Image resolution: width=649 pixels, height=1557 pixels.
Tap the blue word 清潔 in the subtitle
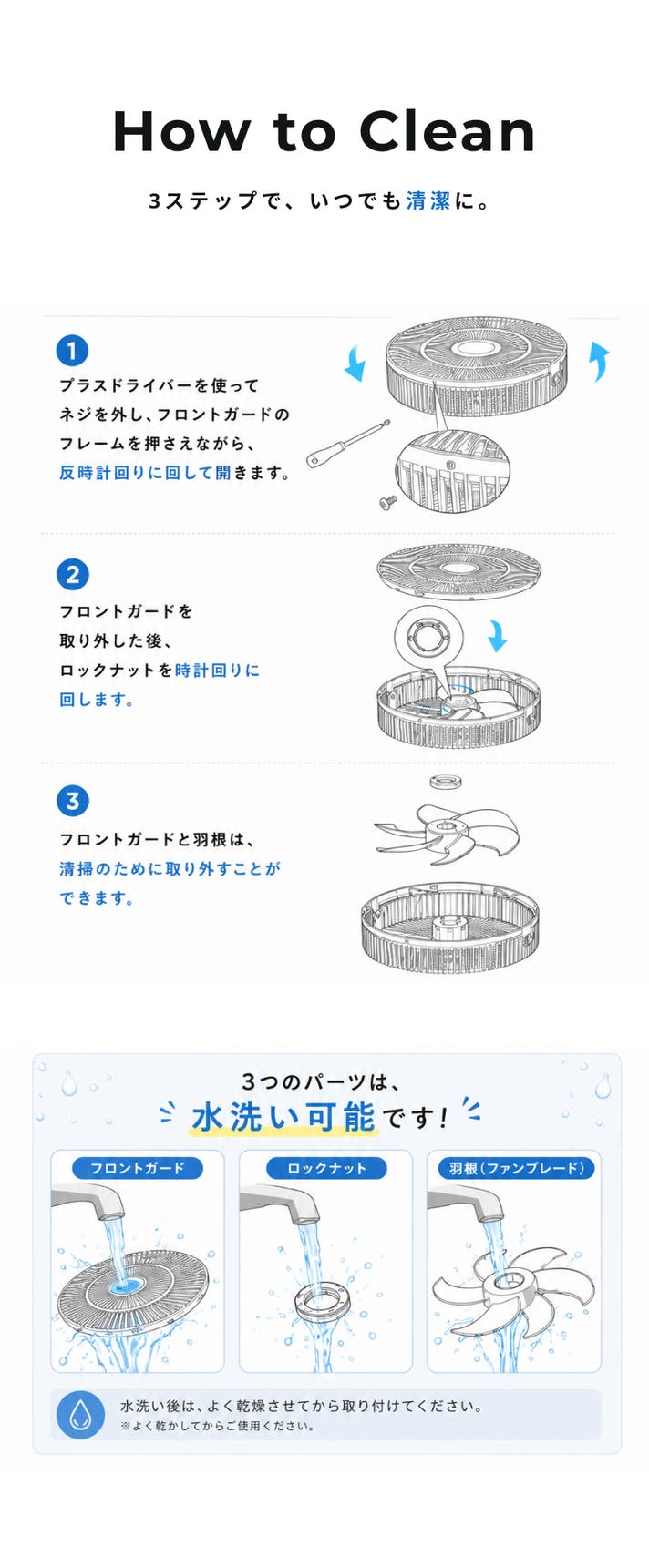[x=428, y=200]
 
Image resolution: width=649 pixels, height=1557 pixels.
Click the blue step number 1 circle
[x=72, y=350]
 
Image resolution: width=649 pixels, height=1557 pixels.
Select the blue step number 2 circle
[x=72, y=575]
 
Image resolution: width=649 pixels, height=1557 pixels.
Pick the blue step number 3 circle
[x=72, y=800]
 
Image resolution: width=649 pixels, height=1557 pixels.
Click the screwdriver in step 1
[x=347, y=443]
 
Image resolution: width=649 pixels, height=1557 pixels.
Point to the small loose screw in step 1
[x=387, y=500]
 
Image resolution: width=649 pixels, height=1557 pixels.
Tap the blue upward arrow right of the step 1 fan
[x=599, y=361]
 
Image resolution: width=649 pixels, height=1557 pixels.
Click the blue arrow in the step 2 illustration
[x=497, y=635]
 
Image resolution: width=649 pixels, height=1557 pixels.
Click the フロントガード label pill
[x=138, y=1168]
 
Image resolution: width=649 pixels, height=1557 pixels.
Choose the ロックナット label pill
[x=326, y=1168]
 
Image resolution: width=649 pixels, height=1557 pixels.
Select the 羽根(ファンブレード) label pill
[x=516, y=1168]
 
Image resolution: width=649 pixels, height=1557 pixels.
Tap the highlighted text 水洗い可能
[x=283, y=1117]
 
